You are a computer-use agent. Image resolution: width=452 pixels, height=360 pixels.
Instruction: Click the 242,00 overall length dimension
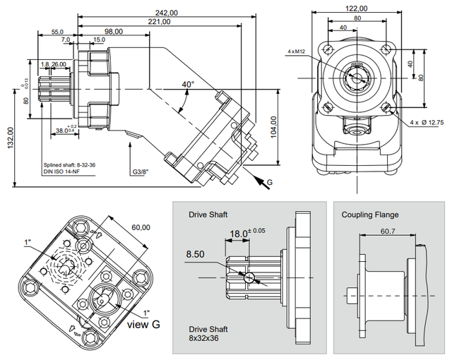coord(167,13)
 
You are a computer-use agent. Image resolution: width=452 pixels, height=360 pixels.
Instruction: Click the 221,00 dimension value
coord(160,22)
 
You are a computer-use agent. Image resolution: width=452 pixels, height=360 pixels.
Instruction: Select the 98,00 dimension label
coord(113,32)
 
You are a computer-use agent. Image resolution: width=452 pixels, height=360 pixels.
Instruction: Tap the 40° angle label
coord(187,84)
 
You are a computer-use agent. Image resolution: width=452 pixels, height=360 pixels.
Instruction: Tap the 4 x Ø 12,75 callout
coord(428,122)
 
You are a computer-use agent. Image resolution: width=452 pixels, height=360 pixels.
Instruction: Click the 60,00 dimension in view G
coord(141,227)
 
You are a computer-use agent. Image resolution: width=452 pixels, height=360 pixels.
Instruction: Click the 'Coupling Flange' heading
coord(369,215)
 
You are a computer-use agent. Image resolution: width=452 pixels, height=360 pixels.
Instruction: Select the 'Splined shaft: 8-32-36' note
coord(69,164)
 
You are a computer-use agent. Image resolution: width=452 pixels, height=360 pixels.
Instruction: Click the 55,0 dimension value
coord(57,32)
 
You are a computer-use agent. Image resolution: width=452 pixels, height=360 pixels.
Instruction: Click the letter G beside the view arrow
coord(268,183)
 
